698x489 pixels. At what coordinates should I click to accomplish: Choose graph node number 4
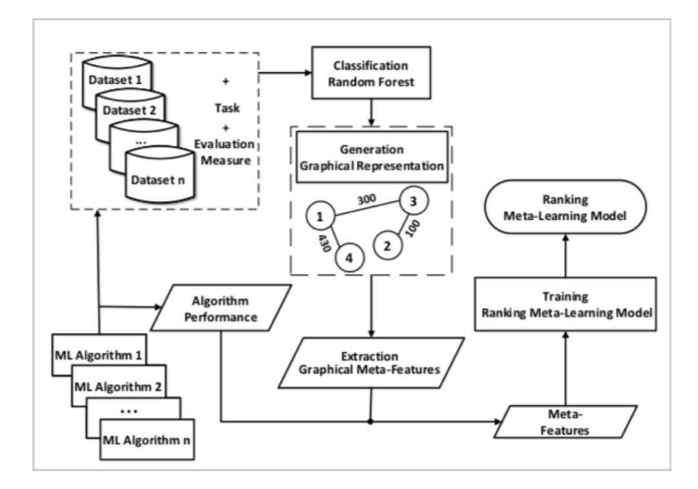coord(348,257)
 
